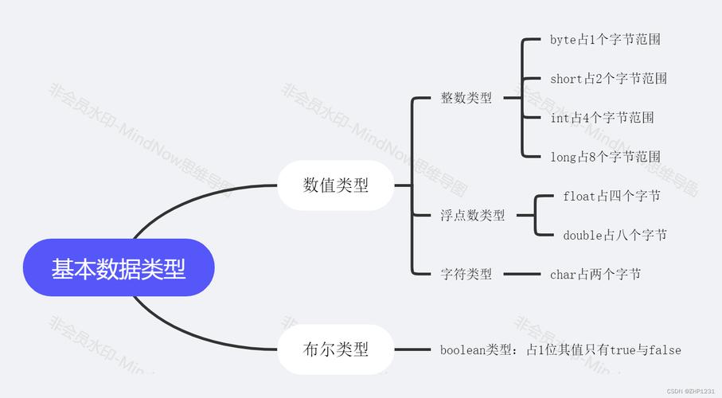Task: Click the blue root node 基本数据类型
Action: click(119, 269)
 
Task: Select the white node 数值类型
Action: click(335, 185)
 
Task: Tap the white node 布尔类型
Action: click(335, 349)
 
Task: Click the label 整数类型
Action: click(466, 98)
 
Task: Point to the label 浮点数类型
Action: click(473, 215)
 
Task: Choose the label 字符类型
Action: click(466, 274)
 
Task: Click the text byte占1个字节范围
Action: click(605, 39)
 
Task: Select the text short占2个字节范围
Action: click(608, 78)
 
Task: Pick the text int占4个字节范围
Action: click(602, 117)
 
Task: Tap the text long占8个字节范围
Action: click(605, 157)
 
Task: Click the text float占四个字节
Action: click(611, 195)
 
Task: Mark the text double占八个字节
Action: click(615, 235)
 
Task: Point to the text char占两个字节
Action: click(595, 274)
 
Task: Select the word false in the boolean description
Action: click(665, 349)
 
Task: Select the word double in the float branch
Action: click(582, 235)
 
